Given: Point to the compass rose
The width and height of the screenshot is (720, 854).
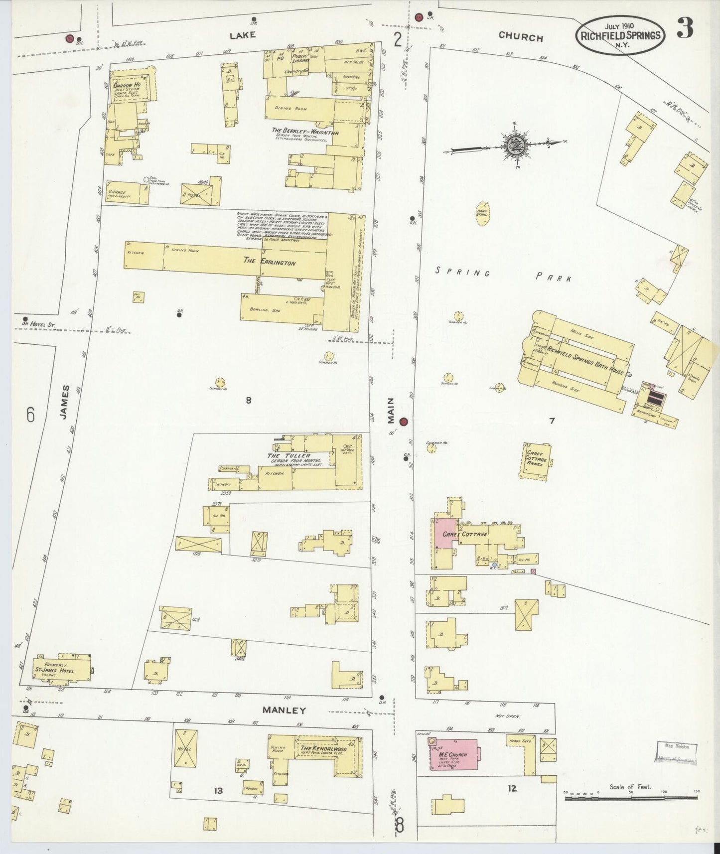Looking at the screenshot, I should coord(513,145).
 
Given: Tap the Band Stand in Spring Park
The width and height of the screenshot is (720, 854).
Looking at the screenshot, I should coord(482,214).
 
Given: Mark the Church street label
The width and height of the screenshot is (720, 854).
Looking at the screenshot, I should coord(520,37).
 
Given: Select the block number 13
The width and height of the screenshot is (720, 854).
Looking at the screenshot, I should coord(218,790).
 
